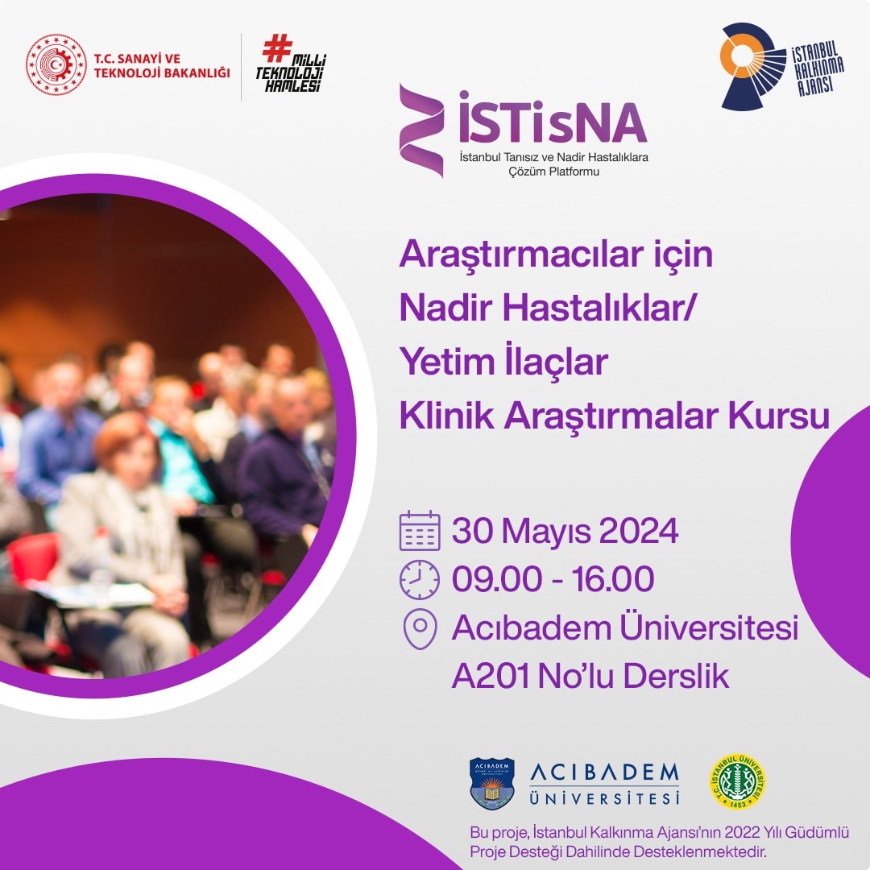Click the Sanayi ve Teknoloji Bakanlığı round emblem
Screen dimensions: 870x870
tap(56, 65)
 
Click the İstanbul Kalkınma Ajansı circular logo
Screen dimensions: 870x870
tap(752, 66)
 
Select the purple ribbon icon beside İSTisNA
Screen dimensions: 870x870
tap(421, 130)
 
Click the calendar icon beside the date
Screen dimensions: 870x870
tap(420, 531)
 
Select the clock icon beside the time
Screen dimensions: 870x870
tap(420, 579)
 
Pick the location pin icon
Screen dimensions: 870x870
tap(420, 628)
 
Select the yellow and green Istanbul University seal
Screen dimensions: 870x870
tap(737, 782)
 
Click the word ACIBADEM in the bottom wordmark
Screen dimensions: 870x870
tap(604, 773)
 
